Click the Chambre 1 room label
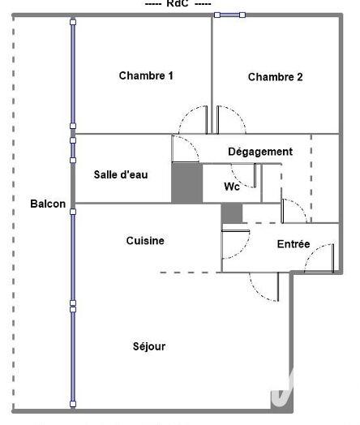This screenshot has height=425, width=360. point(146,75)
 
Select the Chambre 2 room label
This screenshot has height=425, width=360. point(275,77)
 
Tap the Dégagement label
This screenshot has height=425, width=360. point(259,152)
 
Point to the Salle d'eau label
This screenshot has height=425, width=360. point(120,174)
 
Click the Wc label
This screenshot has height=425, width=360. point(231,187)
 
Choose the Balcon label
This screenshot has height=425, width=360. point(48,204)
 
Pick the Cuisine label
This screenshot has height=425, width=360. point(145,241)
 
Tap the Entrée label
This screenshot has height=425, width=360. point(293,244)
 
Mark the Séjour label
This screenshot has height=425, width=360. point(148,346)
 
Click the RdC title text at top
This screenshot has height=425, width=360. point(177,4)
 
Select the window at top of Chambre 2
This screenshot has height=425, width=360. point(230,14)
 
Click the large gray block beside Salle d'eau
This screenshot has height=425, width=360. point(186,182)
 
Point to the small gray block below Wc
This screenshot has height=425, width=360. point(232,212)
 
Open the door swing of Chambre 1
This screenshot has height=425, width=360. point(195,120)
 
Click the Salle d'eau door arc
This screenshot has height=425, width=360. point(185,148)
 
